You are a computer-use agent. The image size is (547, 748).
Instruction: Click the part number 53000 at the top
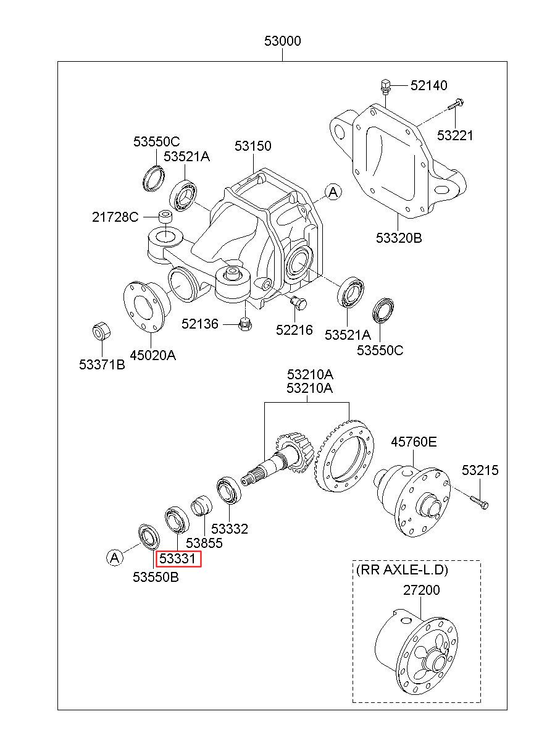pyautogui.click(x=282, y=41)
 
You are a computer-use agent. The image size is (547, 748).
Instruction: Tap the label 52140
pyautogui.click(x=428, y=85)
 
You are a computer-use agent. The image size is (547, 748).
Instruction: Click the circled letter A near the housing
pyautogui.click(x=333, y=192)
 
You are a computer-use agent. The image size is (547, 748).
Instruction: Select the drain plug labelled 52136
pyautogui.click(x=246, y=324)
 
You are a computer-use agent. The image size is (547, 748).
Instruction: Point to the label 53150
pyautogui.click(x=253, y=146)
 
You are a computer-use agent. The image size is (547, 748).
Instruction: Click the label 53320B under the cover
pyautogui.click(x=399, y=238)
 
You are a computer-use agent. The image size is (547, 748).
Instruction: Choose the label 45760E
pyautogui.click(x=414, y=442)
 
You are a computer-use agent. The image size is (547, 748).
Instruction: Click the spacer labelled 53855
pyautogui.click(x=202, y=506)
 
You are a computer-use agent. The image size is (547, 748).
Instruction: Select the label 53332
pyautogui.click(x=230, y=529)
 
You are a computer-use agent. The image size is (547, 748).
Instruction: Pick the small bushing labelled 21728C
pyautogui.click(x=165, y=217)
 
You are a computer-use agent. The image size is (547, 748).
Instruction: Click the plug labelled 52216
pyautogui.click(x=298, y=303)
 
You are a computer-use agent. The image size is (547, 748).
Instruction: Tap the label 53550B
pyautogui.click(x=156, y=577)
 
